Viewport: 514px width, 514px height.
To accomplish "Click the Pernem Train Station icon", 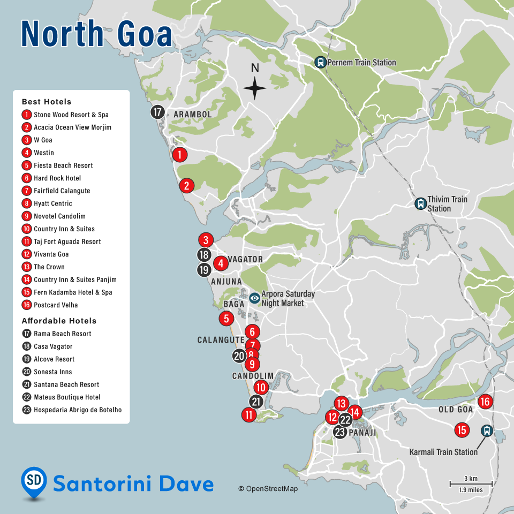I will point(321,62).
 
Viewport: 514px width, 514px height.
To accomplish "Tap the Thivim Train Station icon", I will point(420,204).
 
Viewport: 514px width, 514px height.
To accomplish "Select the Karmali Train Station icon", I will point(487,430).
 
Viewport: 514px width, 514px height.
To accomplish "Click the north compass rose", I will point(255,87).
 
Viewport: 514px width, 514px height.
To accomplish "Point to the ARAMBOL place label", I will point(193,115).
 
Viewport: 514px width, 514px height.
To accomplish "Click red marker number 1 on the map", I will point(180,155).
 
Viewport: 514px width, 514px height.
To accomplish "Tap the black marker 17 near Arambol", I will point(157,112).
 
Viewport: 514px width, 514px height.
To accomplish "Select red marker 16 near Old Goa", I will point(485,402).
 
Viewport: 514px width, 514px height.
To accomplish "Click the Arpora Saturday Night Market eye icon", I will point(254,298).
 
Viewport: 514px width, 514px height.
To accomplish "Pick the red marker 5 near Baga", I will point(226,319).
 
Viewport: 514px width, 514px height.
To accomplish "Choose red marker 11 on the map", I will point(248,414).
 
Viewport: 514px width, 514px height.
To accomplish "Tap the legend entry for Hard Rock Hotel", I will point(57,178).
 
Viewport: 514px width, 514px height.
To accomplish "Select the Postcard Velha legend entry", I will point(55,305).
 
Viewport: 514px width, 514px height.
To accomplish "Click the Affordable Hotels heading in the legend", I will point(59,321).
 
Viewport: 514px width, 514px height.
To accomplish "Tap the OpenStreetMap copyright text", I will point(268,488).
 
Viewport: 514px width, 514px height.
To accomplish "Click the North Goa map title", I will point(96,33).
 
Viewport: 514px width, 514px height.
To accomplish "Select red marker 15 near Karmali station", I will point(462,430).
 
